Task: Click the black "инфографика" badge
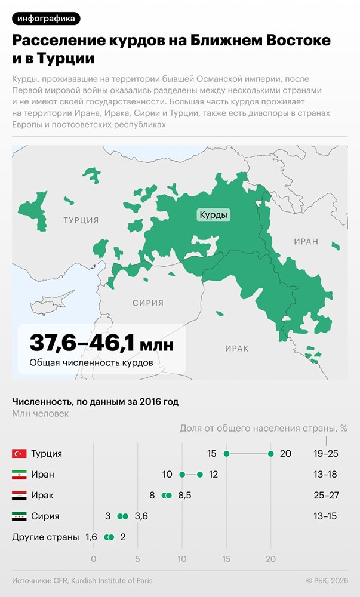pyautogui.click(x=46, y=19)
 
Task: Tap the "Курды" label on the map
pyautogui.click(x=214, y=216)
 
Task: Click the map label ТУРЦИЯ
pyautogui.click(x=81, y=220)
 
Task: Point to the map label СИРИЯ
pyautogui.click(x=147, y=303)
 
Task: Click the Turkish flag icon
pyautogui.click(x=19, y=454)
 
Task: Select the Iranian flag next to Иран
pyautogui.click(x=19, y=475)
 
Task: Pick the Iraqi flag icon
pyautogui.click(x=19, y=496)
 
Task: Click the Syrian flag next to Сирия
pyautogui.click(x=19, y=516)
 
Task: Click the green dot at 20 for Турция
pyautogui.click(x=271, y=454)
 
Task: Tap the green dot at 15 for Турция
pyautogui.click(x=226, y=454)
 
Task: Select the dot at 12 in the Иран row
pyautogui.click(x=200, y=475)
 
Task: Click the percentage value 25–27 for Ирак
pyautogui.click(x=325, y=496)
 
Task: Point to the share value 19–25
pyautogui.click(x=325, y=454)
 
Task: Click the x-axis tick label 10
pyautogui.click(x=182, y=559)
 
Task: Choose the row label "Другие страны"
pyautogui.click(x=45, y=537)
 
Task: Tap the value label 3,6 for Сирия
pyautogui.click(x=141, y=516)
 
